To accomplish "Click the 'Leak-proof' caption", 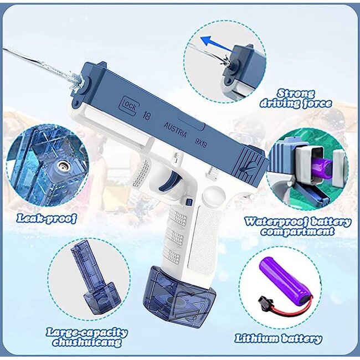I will pos(46,218).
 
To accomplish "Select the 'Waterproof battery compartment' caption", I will pos(297,227).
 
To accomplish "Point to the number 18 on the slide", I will pos(146,116).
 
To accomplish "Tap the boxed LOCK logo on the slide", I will pos(128,103).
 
